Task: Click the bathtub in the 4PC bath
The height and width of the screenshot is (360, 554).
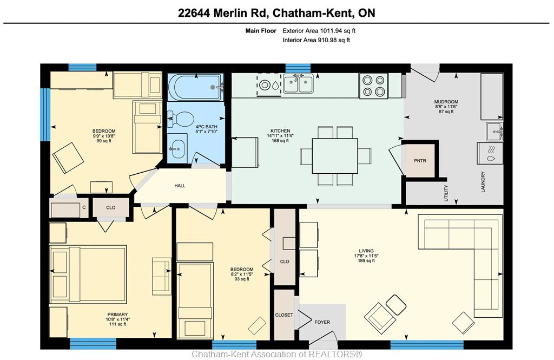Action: (x=196, y=87)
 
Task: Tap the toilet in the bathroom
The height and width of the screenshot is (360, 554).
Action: (x=180, y=119)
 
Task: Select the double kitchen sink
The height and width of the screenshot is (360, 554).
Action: (x=298, y=84)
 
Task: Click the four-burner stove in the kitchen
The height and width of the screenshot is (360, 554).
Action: (x=373, y=86)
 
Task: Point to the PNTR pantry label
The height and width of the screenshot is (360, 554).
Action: (x=420, y=161)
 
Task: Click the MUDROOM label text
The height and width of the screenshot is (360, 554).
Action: (x=446, y=102)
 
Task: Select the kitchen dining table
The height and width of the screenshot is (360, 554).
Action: (x=334, y=156)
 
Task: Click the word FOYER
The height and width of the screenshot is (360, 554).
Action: (x=322, y=322)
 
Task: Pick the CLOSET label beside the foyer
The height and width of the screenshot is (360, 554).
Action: (x=284, y=315)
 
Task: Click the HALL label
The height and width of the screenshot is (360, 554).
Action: (x=180, y=186)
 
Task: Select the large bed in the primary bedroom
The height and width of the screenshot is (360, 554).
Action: (x=88, y=274)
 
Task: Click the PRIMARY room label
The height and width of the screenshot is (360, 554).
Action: (x=117, y=315)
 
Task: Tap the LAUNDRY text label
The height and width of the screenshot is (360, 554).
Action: (x=483, y=182)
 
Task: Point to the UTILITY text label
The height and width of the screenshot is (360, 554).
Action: (x=446, y=193)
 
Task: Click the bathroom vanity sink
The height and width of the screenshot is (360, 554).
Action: (x=177, y=149)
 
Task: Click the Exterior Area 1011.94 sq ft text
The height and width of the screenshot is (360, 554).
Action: (x=319, y=31)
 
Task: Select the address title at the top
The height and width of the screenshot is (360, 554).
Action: (x=276, y=13)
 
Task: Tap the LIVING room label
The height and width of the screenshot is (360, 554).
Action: (x=366, y=251)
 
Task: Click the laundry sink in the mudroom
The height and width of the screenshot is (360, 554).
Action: (x=494, y=132)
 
